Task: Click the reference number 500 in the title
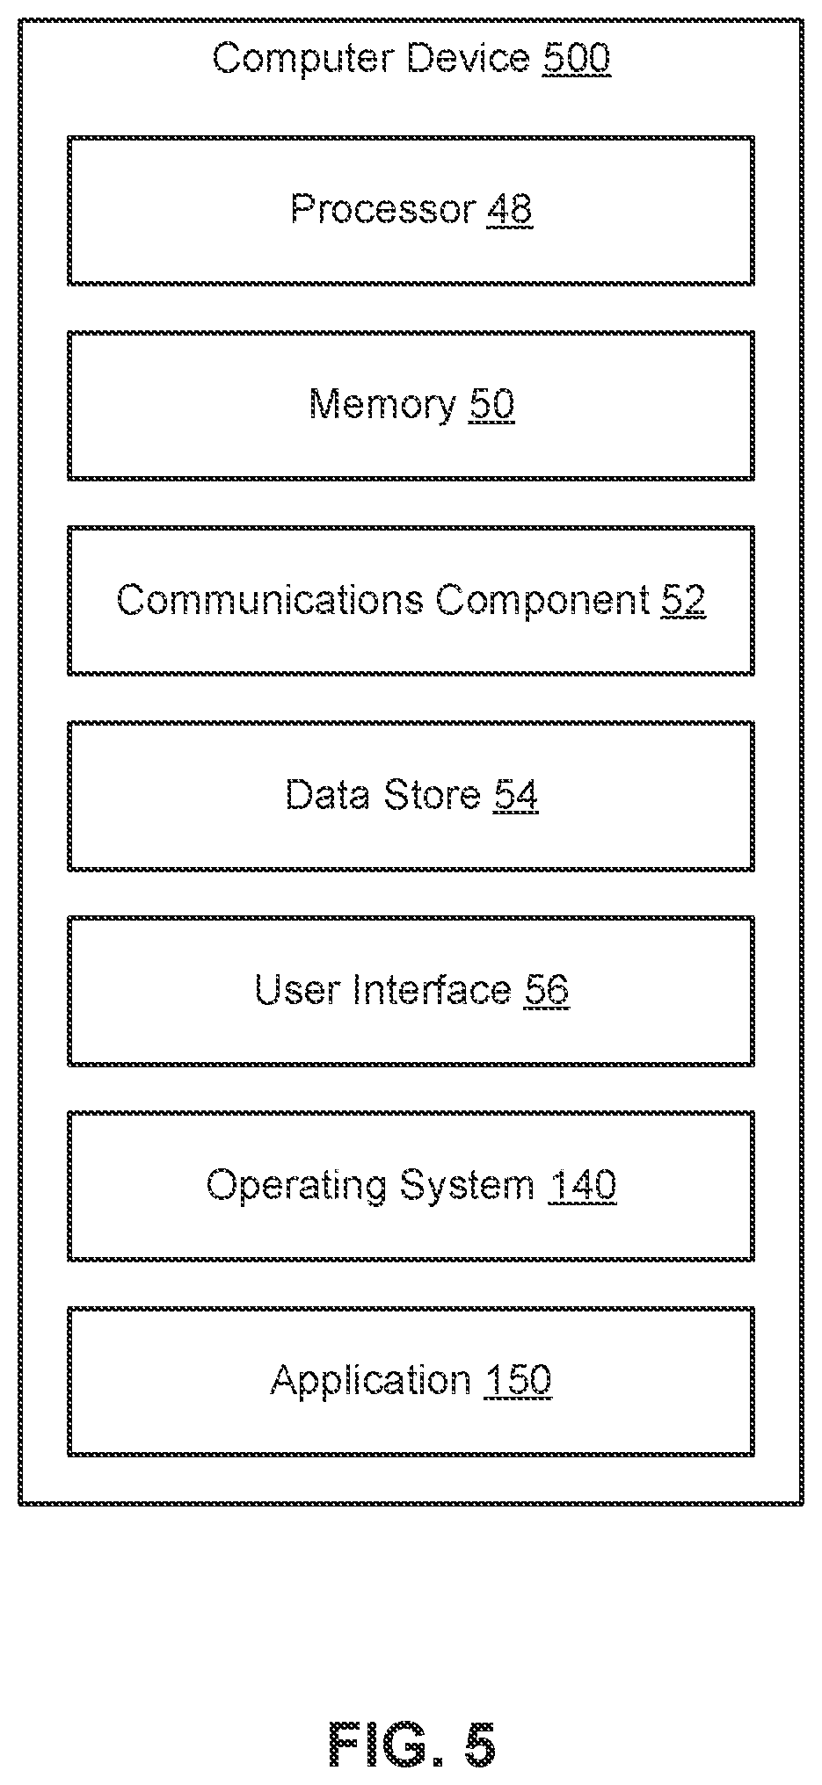pos(577,59)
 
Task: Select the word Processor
pos(383,210)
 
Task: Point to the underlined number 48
pos(509,210)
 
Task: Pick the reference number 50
pos(491,405)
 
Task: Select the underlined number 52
pos(683,600)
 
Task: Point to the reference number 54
pos(515,795)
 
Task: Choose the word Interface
pos(433,990)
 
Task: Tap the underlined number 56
pos(547,990)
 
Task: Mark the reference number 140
pos(582,1186)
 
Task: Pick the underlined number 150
pos(518,1381)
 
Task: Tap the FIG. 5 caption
pos(411,1744)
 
